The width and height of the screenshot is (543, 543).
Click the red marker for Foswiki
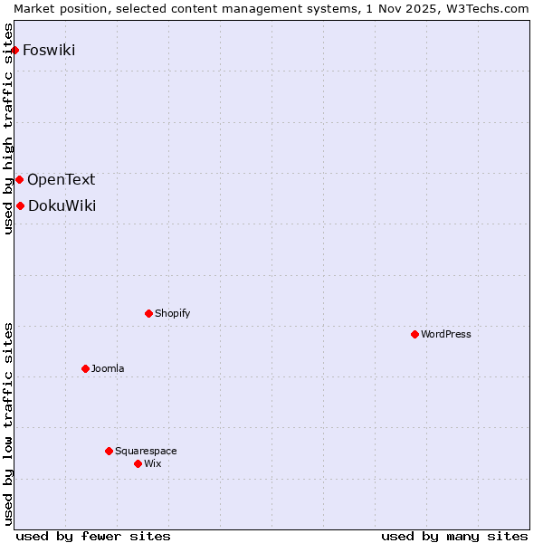tap(15, 50)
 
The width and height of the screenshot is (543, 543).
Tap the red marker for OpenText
tap(19, 179)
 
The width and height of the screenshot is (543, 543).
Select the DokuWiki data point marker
tap(20, 205)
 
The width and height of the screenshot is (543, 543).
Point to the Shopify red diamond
tap(148, 313)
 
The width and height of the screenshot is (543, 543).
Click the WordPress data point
tap(414, 334)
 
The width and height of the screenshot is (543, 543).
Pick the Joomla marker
tap(85, 368)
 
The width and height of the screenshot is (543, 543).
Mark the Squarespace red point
tap(109, 451)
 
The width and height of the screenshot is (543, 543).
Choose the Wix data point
tap(138, 463)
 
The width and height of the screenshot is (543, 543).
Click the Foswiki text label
tap(49, 50)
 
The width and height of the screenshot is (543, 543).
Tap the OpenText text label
tap(61, 179)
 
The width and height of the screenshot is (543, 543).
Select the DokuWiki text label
tap(62, 205)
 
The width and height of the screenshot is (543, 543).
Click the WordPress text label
tap(446, 334)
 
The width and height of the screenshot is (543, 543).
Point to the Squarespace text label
tap(146, 451)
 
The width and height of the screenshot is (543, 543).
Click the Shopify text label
tap(172, 313)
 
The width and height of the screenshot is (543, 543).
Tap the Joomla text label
tap(108, 368)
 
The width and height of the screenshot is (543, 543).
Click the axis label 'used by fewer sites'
tap(93, 536)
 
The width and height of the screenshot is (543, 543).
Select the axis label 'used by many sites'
tap(454, 536)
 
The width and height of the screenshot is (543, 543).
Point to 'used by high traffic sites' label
tap(9, 140)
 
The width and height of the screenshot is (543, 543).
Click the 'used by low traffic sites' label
tap(9, 424)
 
